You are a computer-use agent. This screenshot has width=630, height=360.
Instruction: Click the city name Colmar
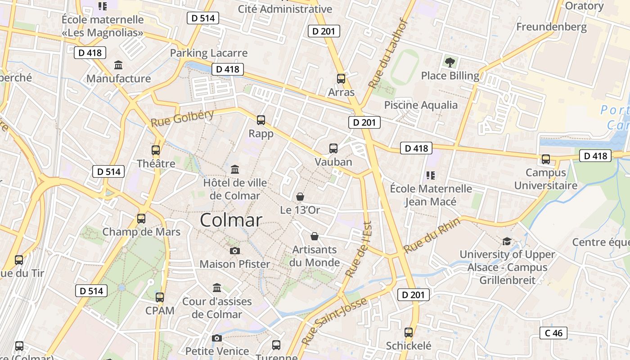(x=231, y=220)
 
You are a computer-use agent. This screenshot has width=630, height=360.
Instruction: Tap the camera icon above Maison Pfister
(x=234, y=251)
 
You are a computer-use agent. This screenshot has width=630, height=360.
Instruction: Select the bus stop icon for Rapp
(x=261, y=120)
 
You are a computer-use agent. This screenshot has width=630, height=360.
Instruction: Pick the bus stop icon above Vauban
(x=333, y=148)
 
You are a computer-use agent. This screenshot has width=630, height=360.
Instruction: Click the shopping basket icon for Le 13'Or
(x=300, y=197)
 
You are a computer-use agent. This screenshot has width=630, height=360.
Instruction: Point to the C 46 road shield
(x=553, y=333)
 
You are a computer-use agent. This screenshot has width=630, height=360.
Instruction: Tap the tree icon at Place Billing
(x=450, y=63)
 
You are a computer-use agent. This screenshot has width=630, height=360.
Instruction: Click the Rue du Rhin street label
(x=432, y=235)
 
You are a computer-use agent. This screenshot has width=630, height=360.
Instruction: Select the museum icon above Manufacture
(x=118, y=65)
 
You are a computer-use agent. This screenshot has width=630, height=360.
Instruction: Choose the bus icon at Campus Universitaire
(x=546, y=159)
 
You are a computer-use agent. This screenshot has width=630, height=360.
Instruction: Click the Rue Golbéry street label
(x=182, y=118)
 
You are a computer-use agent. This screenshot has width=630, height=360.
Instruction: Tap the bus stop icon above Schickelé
(x=409, y=333)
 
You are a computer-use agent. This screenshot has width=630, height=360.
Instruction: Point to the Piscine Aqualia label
(x=421, y=105)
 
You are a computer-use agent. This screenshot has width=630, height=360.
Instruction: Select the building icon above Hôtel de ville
(x=235, y=170)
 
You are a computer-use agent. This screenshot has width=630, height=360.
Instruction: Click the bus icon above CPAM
(x=160, y=297)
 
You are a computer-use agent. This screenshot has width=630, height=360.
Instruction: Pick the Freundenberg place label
(x=551, y=27)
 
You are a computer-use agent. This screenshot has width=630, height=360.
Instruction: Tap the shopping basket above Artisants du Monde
(x=315, y=236)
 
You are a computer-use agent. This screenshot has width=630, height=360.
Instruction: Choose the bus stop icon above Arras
(x=341, y=79)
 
